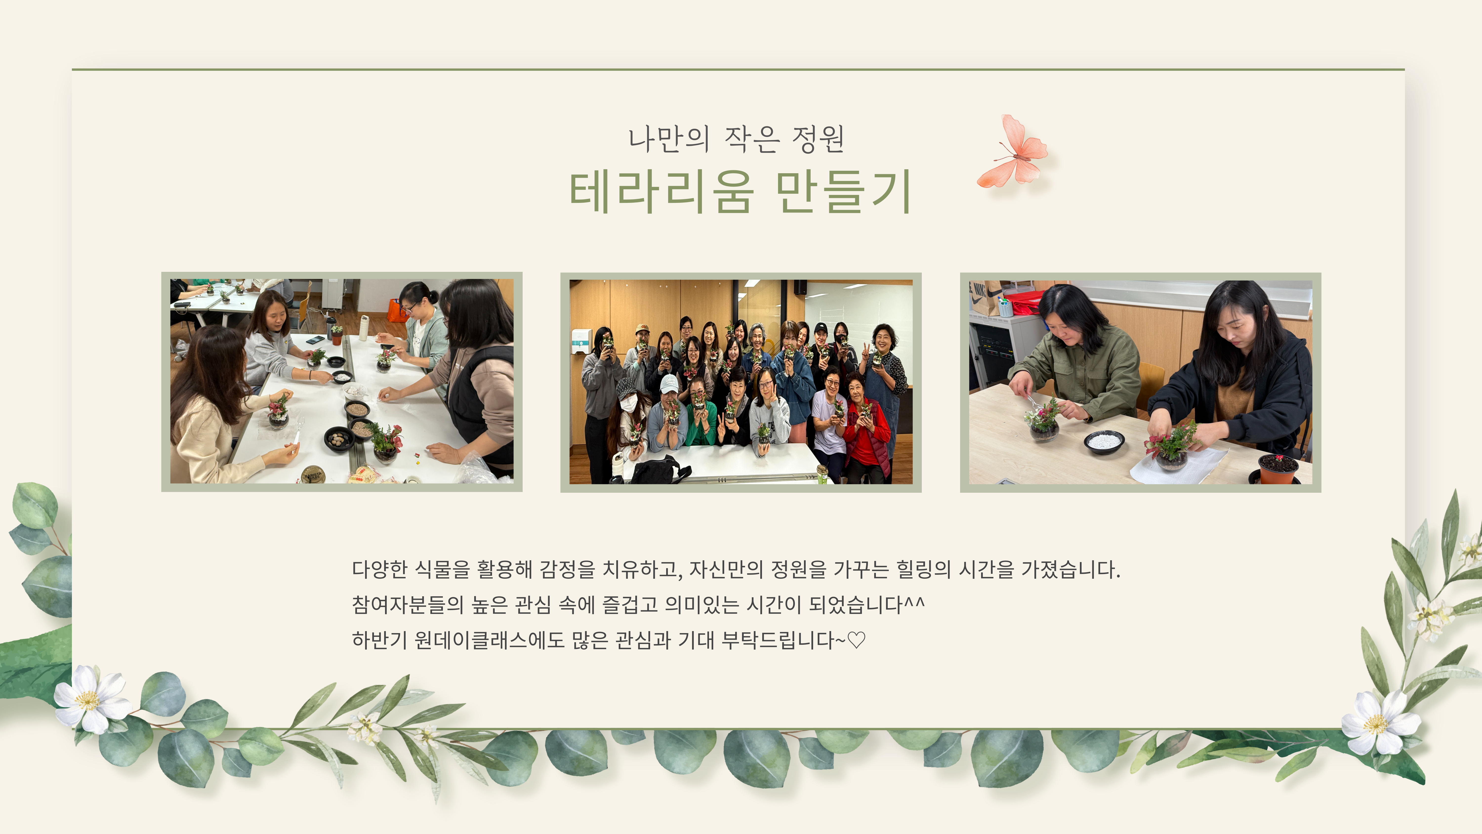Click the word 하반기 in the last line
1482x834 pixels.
pos(380,640)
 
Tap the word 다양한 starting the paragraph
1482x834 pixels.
pos(380,569)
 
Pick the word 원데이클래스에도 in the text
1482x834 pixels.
pos(490,640)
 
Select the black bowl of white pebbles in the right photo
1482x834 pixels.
pos(1103,441)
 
